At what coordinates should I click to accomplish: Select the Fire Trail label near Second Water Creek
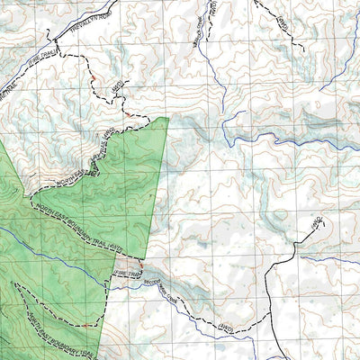126,271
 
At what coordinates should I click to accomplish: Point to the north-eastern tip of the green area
168,117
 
